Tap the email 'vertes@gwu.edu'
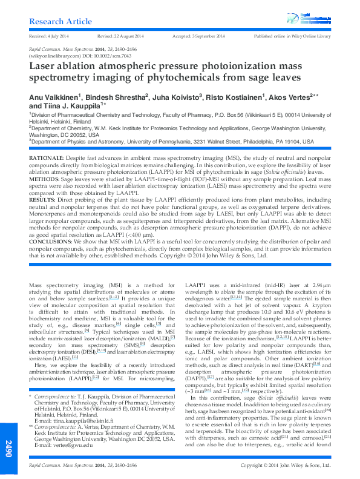[x=73, y=444]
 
